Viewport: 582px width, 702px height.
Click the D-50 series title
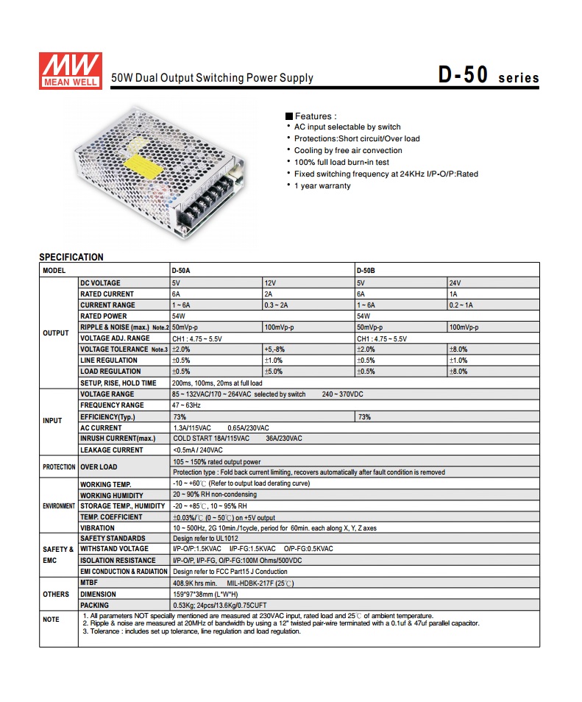click(x=488, y=75)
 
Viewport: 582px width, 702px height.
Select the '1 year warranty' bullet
click(x=322, y=185)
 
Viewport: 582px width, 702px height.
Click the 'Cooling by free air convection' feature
click(x=348, y=150)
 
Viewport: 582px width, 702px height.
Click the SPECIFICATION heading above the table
click(x=71, y=257)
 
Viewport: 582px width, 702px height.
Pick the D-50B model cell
click(x=366, y=270)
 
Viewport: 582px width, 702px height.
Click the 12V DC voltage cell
click(x=270, y=283)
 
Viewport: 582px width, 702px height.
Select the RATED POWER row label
click(x=103, y=316)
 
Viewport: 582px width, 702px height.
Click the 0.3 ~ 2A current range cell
click(x=277, y=305)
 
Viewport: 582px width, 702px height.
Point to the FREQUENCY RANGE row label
click(x=112, y=405)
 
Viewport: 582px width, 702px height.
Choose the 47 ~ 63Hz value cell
click(x=186, y=405)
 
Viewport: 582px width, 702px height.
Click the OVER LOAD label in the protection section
click(x=99, y=467)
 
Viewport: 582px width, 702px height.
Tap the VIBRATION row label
click(x=97, y=528)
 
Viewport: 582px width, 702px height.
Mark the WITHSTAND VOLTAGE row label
click(x=114, y=549)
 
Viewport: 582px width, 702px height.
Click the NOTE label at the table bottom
click(x=52, y=620)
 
